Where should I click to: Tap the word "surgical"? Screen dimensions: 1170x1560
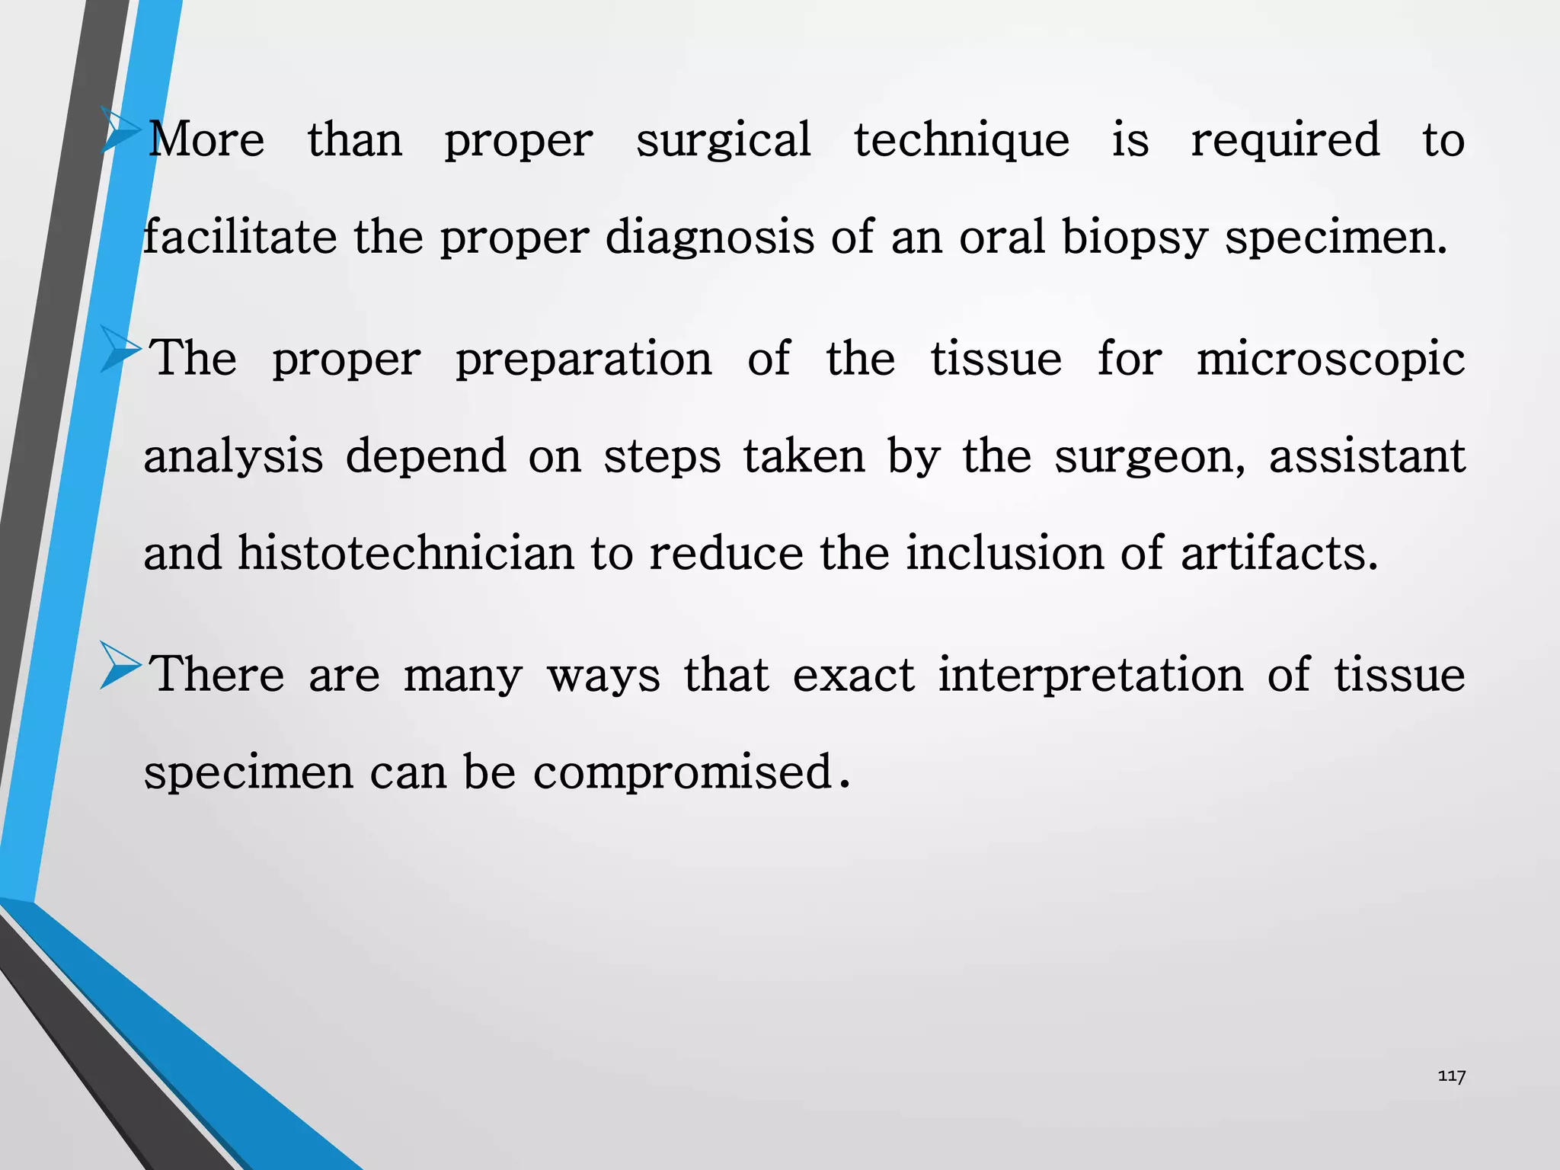point(723,141)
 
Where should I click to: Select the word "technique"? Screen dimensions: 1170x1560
point(961,141)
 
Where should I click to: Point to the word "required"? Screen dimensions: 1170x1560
point(1285,141)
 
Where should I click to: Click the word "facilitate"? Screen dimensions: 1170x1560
point(240,237)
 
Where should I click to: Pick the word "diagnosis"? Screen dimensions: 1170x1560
point(709,238)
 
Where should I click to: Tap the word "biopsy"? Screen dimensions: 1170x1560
point(1134,238)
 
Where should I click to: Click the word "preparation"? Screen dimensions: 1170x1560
point(583,360)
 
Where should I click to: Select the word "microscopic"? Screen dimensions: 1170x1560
point(1330,360)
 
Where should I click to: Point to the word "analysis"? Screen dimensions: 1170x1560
point(233,457)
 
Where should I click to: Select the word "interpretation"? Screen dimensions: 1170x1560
point(1090,676)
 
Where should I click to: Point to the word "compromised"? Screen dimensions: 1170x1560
point(682,773)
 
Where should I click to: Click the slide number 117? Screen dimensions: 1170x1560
point(1451,1076)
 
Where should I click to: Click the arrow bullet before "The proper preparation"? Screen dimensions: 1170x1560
point(120,350)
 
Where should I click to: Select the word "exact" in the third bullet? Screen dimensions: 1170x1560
point(853,676)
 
